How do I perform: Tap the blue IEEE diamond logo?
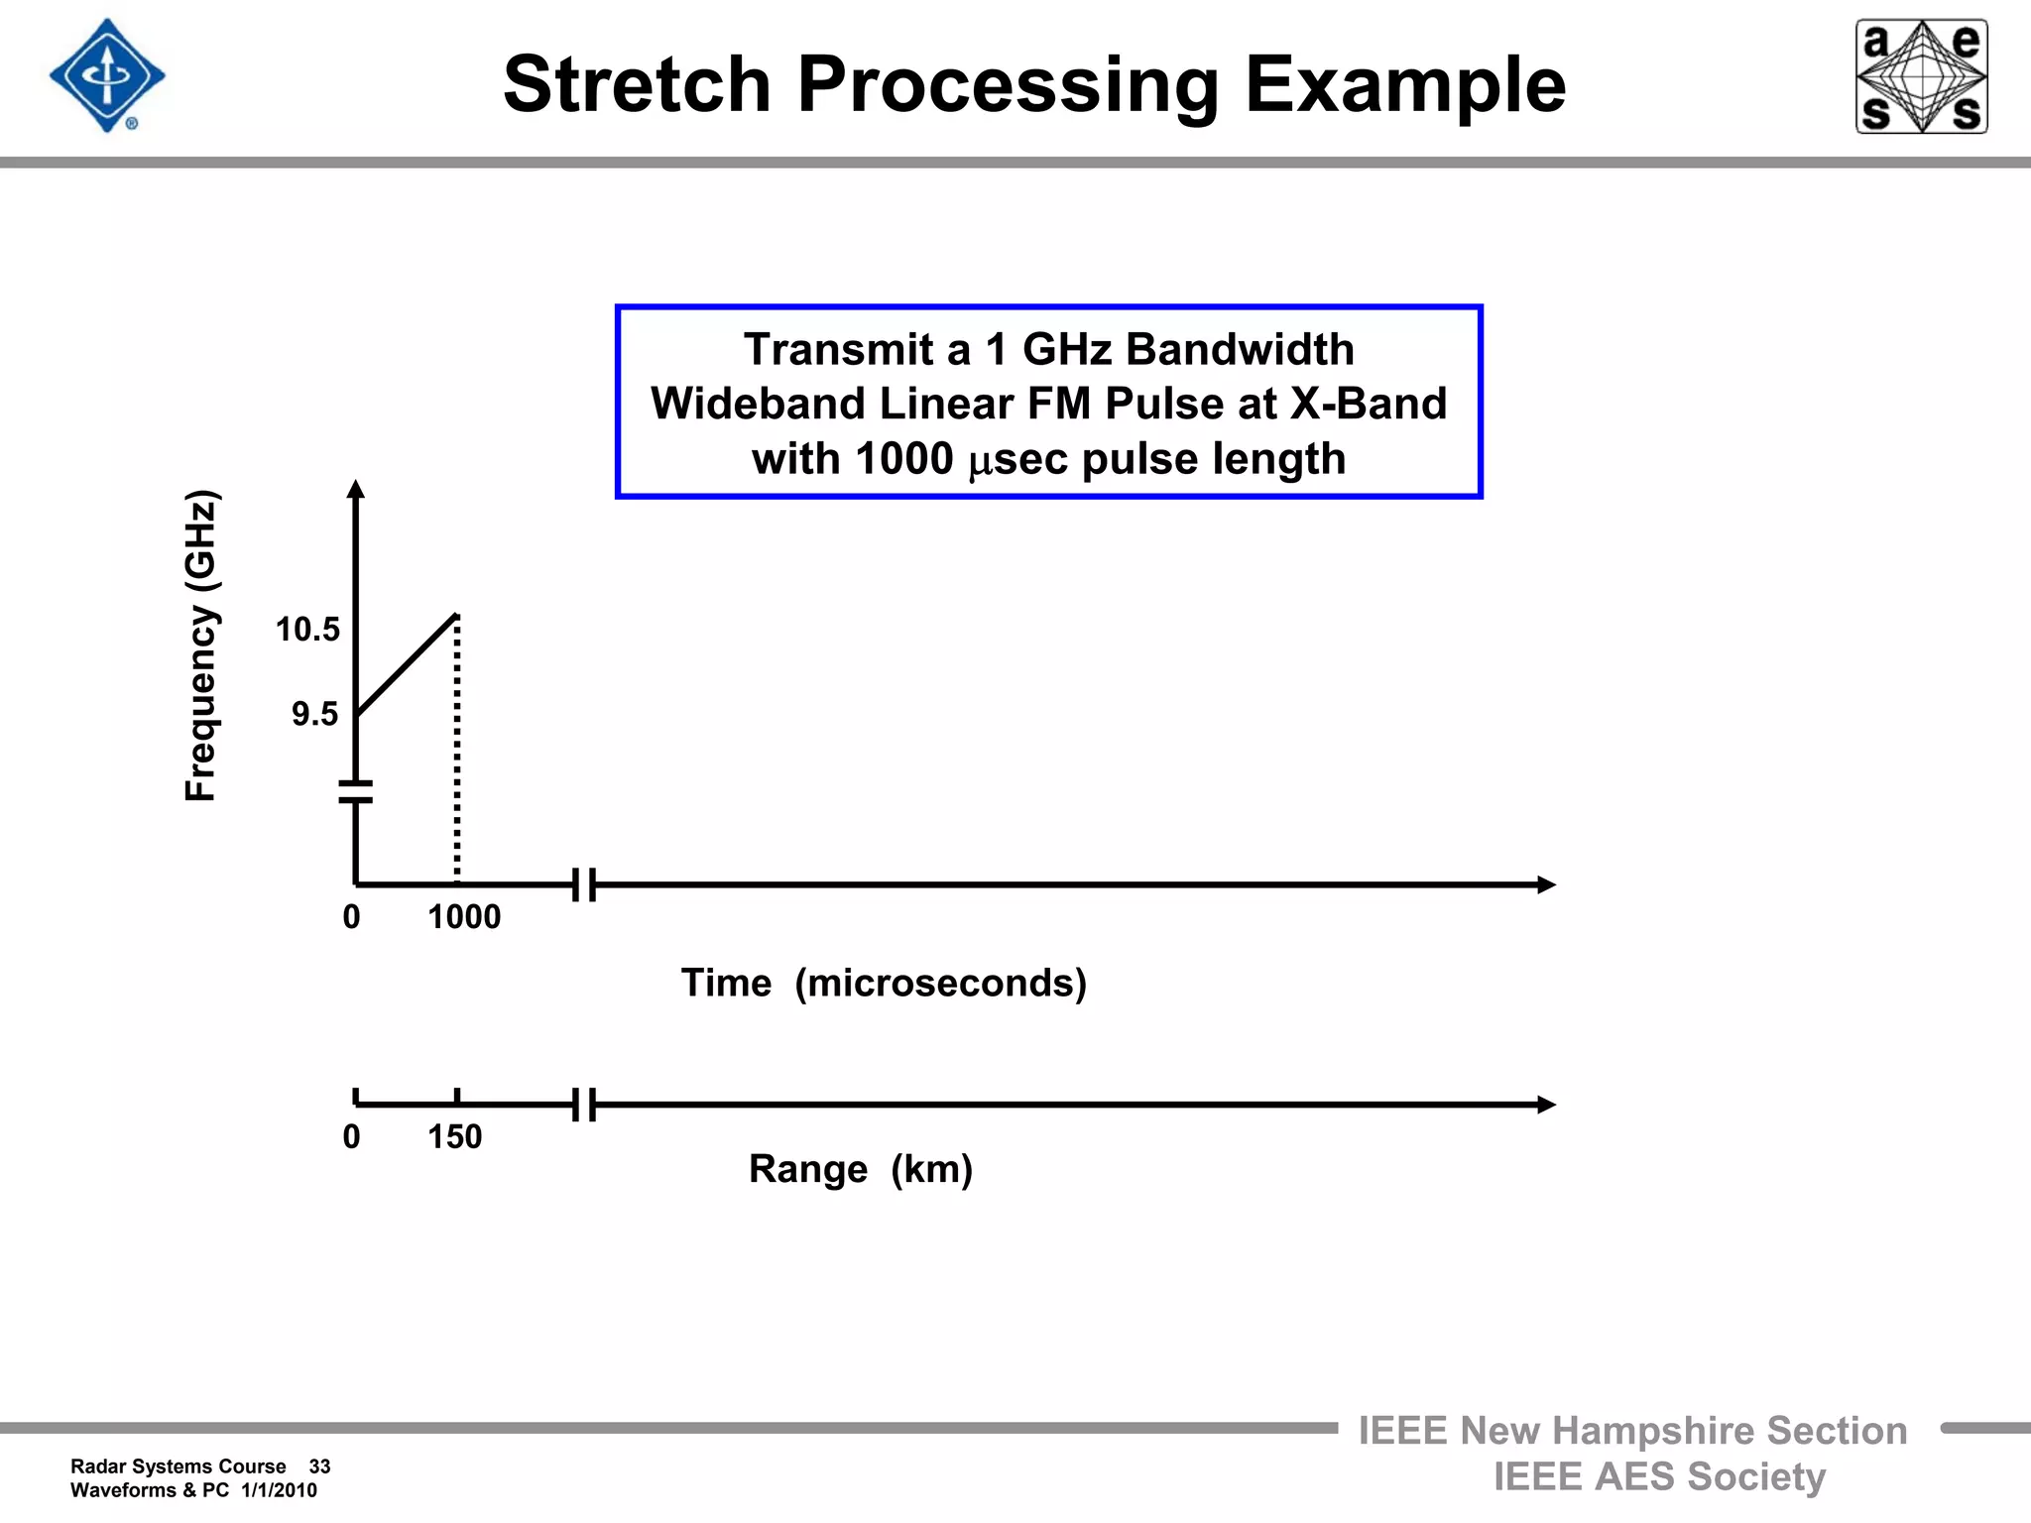click(x=107, y=75)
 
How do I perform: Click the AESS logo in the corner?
click(x=1921, y=76)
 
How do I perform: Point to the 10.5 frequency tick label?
click(x=307, y=630)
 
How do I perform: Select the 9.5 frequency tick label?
click(x=314, y=714)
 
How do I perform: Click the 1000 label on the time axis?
click(x=464, y=917)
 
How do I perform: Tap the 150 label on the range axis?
click(x=454, y=1136)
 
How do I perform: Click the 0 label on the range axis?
click(x=351, y=1136)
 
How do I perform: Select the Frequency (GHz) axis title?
click(x=201, y=645)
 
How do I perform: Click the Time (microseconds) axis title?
click(x=884, y=983)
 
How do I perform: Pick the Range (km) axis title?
click(x=860, y=1169)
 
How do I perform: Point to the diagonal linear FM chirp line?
click(x=407, y=664)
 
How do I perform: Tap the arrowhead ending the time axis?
click(x=1545, y=884)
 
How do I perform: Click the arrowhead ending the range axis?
click(x=1545, y=1105)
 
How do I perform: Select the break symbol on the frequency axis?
click(x=356, y=791)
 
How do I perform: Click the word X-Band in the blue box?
click(x=1368, y=404)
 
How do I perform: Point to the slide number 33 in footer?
click(x=319, y=1466)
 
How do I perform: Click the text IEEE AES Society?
click(x=1659, y=1476)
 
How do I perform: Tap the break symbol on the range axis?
click(x=584, y=1105)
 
